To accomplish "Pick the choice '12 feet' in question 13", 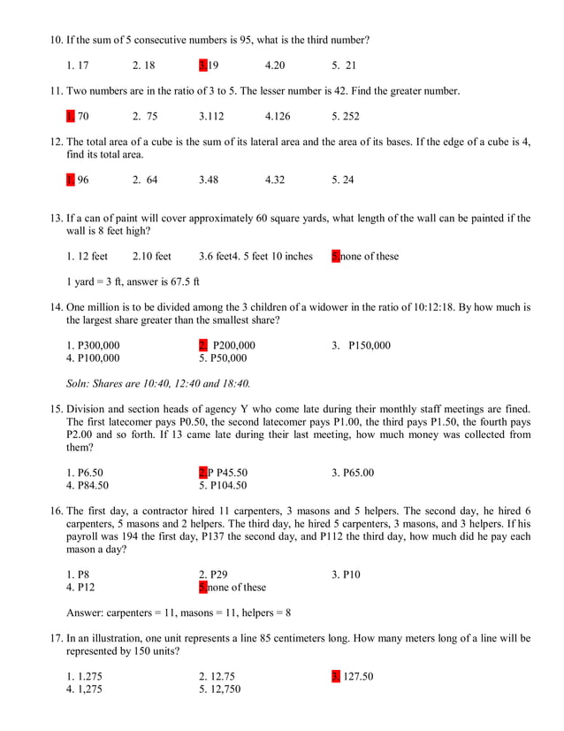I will pos(87,257).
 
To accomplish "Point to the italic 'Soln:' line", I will pos(158,384).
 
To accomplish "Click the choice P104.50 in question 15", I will pos(223,486).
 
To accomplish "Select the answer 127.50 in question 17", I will pos(356,677).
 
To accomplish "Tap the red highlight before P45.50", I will pos(202,473).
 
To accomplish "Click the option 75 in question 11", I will pos(145,117).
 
